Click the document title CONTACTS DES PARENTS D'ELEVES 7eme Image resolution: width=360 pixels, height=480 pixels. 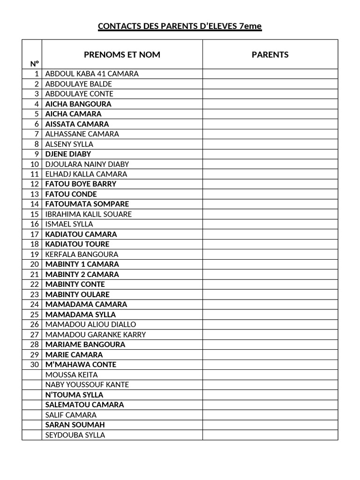[x=180, y=26]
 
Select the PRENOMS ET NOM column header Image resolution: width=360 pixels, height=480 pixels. [x=122, y=54]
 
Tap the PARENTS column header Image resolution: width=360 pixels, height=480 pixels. [x=270, y=54]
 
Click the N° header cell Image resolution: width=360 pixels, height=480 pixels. [x=34, y=64]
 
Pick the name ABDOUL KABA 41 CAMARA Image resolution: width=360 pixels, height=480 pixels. [x=92, y=74]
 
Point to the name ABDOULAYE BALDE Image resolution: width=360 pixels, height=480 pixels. [x=79, y=84]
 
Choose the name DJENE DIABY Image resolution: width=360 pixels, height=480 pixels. [x=68, y=154]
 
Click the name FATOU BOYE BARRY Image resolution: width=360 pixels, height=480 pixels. [x=81, y=184]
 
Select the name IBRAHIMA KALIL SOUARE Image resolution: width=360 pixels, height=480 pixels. [x=89, y=214]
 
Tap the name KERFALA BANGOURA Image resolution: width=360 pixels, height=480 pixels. [x=82, y=254]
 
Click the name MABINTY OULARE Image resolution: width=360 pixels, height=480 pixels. [x=77, y=294]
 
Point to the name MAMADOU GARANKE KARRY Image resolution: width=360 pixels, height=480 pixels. [x=96, y=335]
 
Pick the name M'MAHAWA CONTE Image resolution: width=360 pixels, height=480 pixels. [x=81, y=365]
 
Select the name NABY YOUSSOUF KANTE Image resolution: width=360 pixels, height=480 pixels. [x=87, y=385]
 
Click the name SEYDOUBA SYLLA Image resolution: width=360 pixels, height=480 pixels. [x=75, y=435]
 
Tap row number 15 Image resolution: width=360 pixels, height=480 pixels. [x=34, y=214]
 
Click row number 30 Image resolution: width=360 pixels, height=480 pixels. [x=34, y=365]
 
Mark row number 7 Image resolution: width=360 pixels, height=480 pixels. [x=36, y=134]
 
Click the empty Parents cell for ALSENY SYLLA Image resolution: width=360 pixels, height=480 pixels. [x=270, y=144]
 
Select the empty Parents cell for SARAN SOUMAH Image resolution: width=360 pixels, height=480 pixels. [x=270, y=425]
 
